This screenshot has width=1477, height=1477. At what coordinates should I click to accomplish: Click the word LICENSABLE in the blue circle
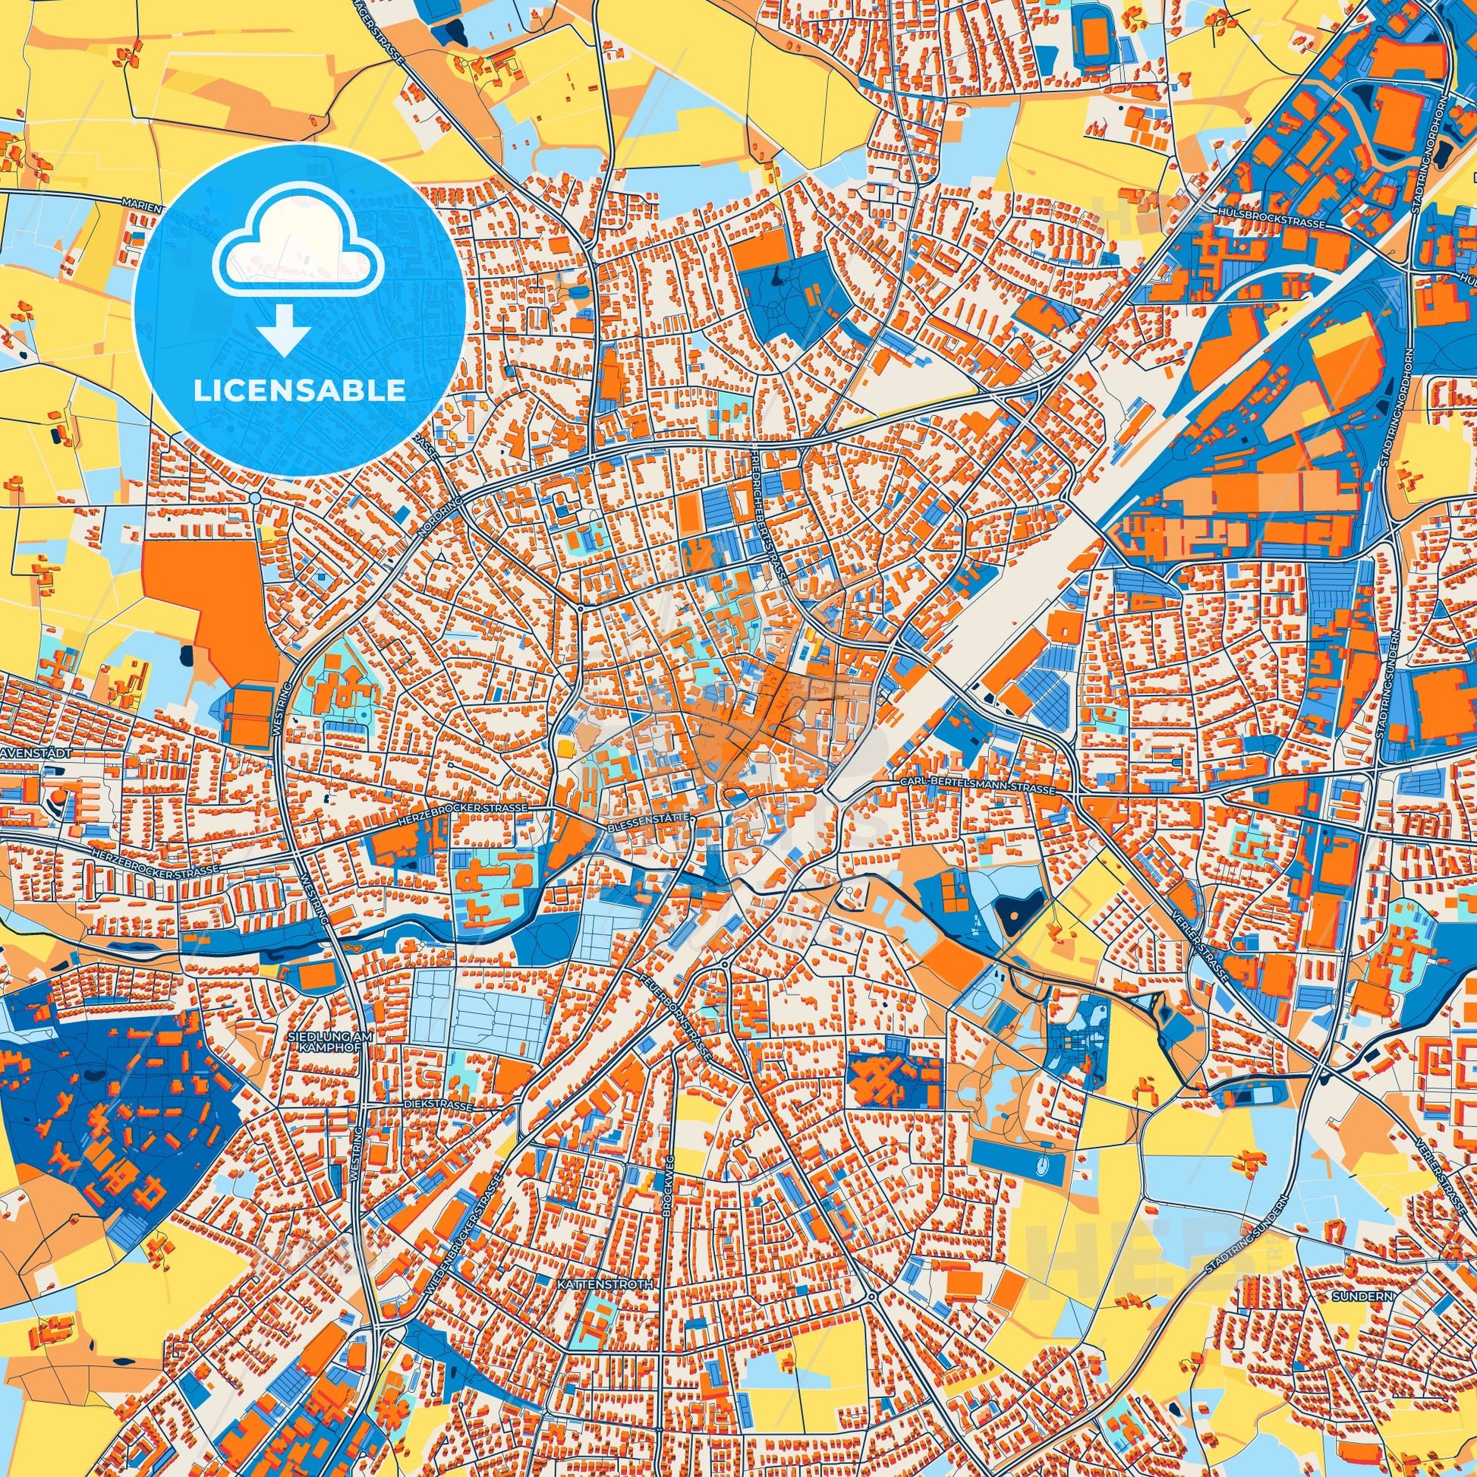point(299,391)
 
